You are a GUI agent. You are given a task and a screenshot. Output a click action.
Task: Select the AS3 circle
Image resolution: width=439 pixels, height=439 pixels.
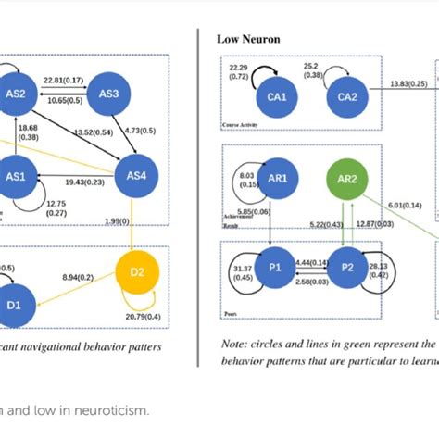[109, 93]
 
